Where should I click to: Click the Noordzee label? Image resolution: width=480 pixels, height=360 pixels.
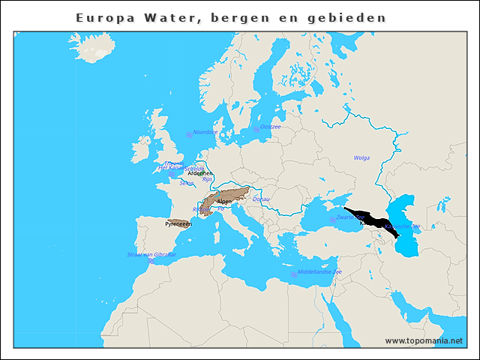[x=205, y=132]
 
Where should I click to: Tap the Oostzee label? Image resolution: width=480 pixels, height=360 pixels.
[x=270, y=127]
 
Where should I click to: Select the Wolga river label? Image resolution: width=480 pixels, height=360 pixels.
[x=361, y=158]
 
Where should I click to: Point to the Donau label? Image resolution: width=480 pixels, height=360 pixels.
[x=261, y=199]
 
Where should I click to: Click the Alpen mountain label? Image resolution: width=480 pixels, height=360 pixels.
[x=224, y=202]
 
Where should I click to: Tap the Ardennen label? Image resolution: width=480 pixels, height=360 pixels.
[x=200, y=173]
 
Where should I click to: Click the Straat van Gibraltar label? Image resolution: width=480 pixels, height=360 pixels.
[x=152, y=255]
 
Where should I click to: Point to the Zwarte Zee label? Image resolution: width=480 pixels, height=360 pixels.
[x=350, y=217]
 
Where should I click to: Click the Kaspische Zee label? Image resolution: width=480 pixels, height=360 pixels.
[x=403, y=226]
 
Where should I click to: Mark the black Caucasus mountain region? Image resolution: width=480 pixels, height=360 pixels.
[x=371, y=218]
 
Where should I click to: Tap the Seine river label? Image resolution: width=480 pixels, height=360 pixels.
[x=187, y=183]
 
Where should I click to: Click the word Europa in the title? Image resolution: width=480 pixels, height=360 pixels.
[x=103, y=16]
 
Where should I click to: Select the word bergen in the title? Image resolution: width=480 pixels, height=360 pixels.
[x=237, y=16]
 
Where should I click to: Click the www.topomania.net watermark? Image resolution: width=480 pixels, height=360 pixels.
[x=424, y=340]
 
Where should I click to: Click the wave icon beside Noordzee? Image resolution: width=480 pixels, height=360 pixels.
[x=189, y=135]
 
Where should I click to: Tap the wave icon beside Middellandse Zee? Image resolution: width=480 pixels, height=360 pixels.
[x=293, y=274]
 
